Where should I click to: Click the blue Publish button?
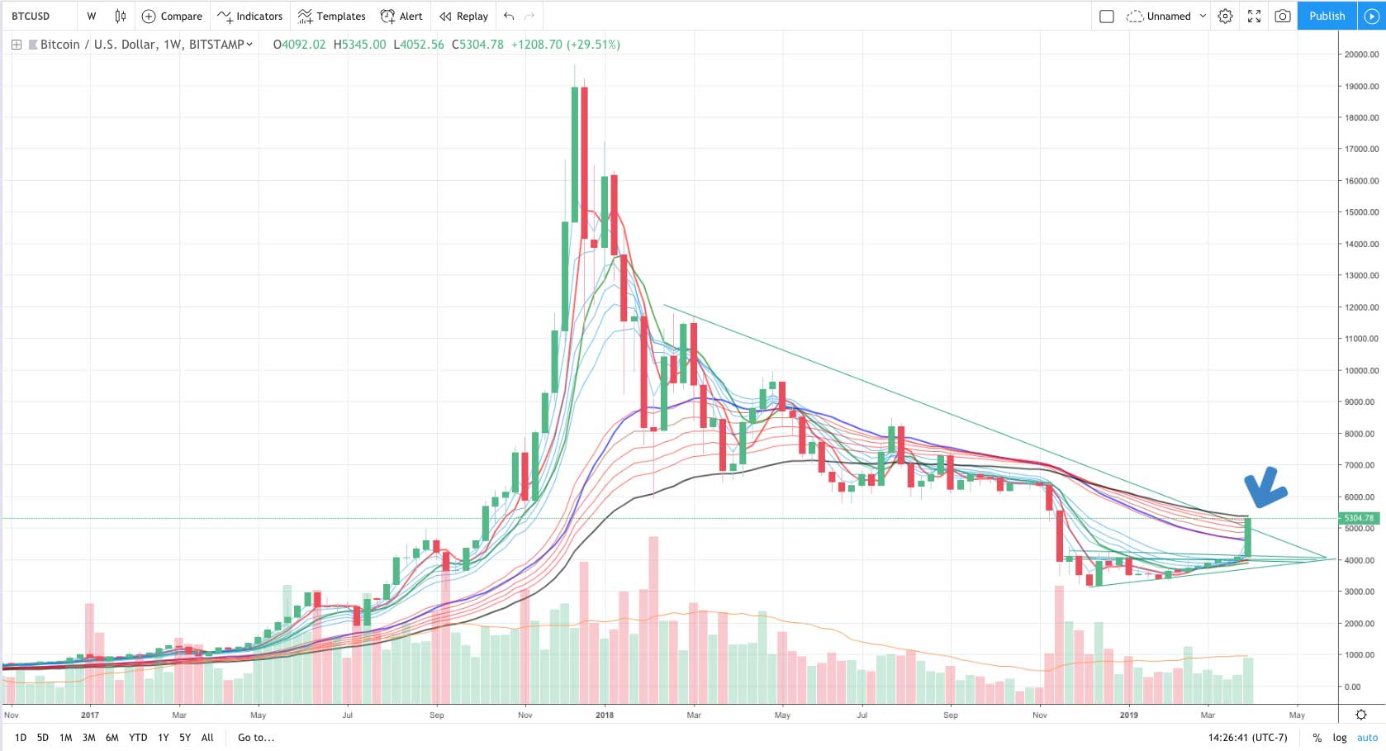(x=1327, y=16)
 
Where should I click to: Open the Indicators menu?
(x=250, y=16)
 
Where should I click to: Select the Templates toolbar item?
(x=331, y=16)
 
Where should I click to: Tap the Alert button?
(x=401, y=16)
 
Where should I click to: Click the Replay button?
(x=463, y=16)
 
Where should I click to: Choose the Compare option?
(x=172, y=16)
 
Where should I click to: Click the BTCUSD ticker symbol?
(x=31, y=16)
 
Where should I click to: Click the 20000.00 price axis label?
(x=1361, y=55)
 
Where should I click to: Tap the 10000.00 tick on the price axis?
(x=1361, y=371)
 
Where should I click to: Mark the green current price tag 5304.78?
(x=1359, y=518)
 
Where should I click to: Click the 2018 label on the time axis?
(x=605, y=715)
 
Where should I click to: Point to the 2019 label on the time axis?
(x=1128, y=715)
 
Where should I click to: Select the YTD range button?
(x=138, y=738)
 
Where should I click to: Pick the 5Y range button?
(x=185, y=738)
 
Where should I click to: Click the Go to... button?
(x=256, y=738)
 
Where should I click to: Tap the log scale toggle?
(x=1340, y=738)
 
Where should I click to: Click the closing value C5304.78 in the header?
(x=477, y=45)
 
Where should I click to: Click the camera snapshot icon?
(x=1282, y=16)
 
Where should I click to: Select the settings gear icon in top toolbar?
(x=1225, y=16)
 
